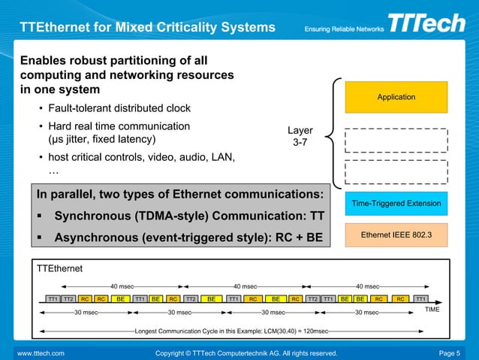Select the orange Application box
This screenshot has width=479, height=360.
click(x=396, y=97)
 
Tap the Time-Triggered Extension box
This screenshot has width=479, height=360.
click(x=396, y=204)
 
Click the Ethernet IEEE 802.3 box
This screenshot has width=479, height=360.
click(x=396, y=236)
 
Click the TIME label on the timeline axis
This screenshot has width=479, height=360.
click(x=432, y=309)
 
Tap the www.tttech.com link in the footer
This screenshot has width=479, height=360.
click(x=41, y=352)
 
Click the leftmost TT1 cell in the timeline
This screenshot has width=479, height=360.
click(x=53, y=298)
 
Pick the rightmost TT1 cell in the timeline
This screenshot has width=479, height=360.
click(x=421, y=298)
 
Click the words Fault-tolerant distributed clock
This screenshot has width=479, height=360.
click(x=119, y=108)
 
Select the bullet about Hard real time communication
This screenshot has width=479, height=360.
click(x=119, y=133)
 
